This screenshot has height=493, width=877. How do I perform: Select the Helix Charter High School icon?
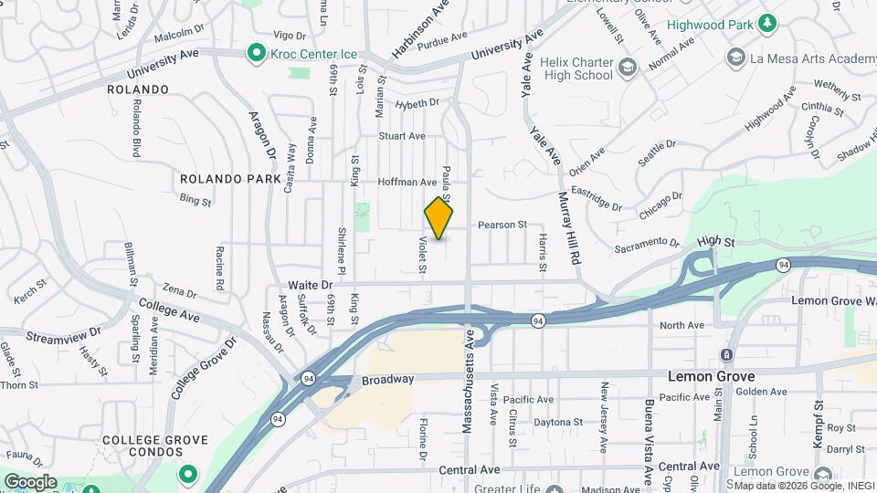(x=627, y=67)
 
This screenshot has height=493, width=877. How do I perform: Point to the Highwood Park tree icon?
(x=768, y=22)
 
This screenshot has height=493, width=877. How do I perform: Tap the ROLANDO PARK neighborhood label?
(x=230, y=179)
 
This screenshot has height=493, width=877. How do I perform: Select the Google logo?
(x=30, y=482)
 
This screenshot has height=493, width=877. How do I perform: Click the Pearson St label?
(x=502, y=224)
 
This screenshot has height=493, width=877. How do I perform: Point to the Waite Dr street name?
(x=310, y=285)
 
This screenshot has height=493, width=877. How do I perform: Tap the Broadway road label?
(x=387, y=379)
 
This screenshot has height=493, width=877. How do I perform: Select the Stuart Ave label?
(x=402, y=136)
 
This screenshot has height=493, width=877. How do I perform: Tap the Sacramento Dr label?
(x=647, y=245)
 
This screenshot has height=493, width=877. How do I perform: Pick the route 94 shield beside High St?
(x=785, y=265)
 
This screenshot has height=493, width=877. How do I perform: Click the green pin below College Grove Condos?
(x=188, y=474)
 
